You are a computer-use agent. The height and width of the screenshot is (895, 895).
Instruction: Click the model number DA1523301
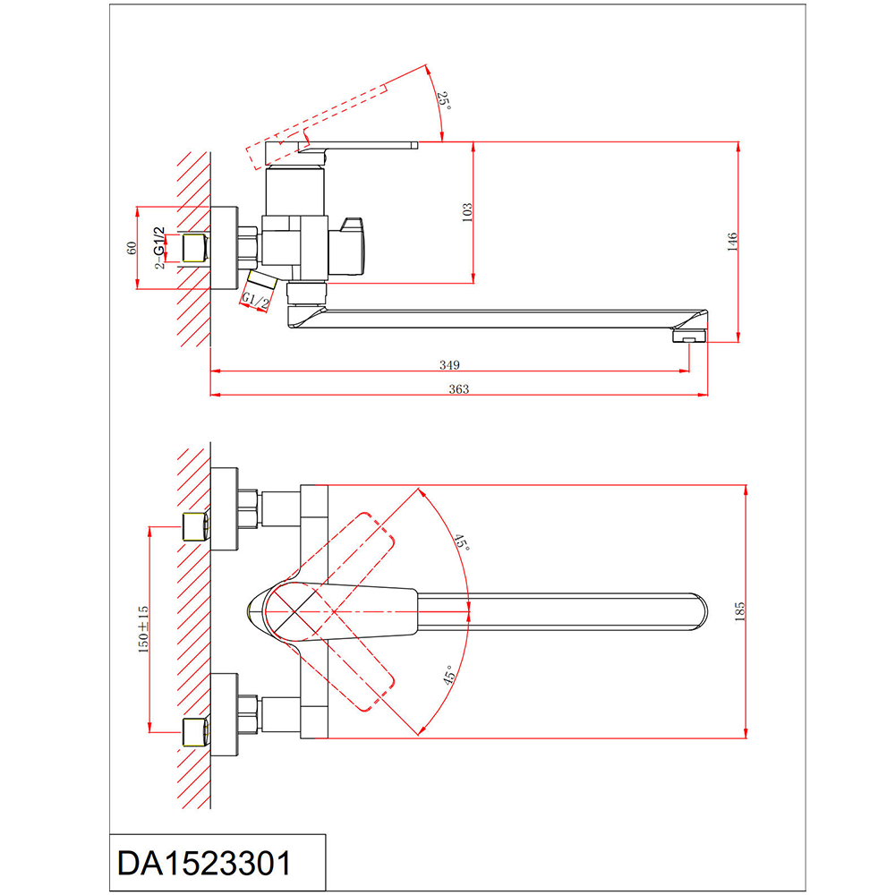point(204,863)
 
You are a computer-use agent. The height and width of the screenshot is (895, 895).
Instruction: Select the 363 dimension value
point(459,389)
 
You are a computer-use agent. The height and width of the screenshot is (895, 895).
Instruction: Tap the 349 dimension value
point(450,365)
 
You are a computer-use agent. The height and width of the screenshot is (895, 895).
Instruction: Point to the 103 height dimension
point(467,212)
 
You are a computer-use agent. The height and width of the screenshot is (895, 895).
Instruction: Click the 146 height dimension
point(732,242)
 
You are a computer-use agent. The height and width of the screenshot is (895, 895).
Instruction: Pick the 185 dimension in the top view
point(740,611)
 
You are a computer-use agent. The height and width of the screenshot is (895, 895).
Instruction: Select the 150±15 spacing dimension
point(143,629)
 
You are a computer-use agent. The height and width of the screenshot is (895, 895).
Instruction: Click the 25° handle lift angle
point(444,100)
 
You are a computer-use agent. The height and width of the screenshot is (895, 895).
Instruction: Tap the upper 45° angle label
point(462,542)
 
